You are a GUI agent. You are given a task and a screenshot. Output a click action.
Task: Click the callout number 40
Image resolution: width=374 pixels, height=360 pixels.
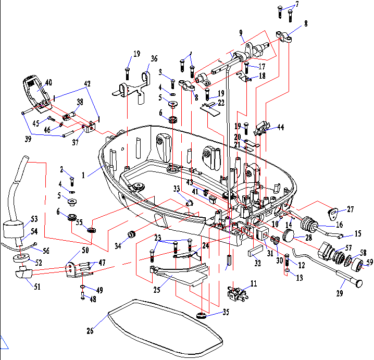tap(48, 82)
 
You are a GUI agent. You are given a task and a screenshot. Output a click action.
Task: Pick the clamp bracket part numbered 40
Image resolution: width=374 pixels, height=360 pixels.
tap(34, 92)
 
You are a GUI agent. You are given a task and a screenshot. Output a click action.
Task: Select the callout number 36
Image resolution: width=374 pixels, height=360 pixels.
tap(154, 58)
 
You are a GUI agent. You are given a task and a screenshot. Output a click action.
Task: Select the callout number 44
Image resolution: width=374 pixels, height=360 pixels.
tap(281, 127)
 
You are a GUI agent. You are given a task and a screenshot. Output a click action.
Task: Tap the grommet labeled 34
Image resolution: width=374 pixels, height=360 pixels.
tap(132, 233)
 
